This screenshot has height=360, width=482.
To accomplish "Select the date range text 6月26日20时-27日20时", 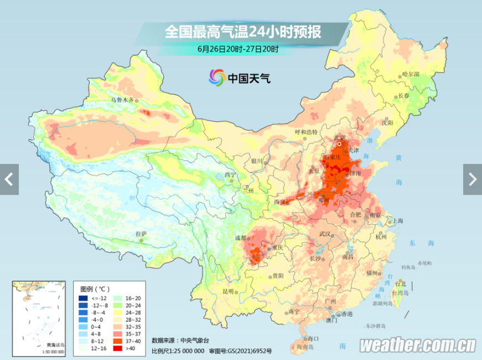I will [x=238, y=49].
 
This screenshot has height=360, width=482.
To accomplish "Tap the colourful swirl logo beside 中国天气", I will [x=217, y=78].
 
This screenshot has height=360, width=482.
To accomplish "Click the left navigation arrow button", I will [x=9, y=179].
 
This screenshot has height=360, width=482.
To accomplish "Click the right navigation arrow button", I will [x=472, y=179].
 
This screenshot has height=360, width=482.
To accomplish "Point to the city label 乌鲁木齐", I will [x=122, y=100].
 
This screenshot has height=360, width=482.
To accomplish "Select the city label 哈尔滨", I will [x=411, y=74].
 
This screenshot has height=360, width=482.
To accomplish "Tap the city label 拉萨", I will [x=142, y=234].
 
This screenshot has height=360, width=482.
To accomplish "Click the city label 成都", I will [x=241, y=238].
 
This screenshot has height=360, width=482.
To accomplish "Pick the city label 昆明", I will [x=228, y=291].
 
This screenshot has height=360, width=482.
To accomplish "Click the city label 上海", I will [x=396, y=220].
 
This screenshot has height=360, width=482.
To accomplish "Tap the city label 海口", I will [x=313, y=338].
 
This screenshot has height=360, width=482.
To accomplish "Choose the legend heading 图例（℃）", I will [x=95, y=289].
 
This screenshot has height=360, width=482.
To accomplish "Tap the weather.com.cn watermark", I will [x=418, y=346].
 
